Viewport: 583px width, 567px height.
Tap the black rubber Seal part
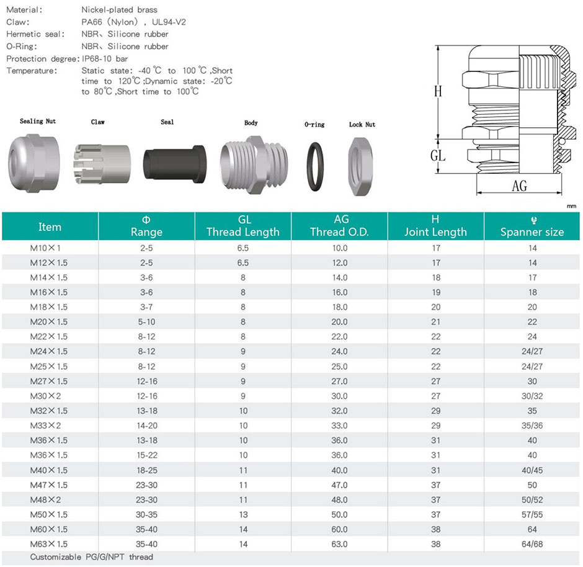click(x=174, y=164)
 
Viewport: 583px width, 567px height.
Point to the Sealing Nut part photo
click(x=33, y=163)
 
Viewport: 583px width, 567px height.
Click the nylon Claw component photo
click(x=102, y=164)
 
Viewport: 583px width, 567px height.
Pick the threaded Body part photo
click(x=254, y=164)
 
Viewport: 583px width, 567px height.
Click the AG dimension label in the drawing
click(x=519, y=185)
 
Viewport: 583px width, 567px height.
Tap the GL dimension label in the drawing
click(x=438, y=156)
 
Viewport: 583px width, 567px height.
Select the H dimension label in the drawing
click(x=438, y=91)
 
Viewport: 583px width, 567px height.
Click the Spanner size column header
click(x=532, y=226)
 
